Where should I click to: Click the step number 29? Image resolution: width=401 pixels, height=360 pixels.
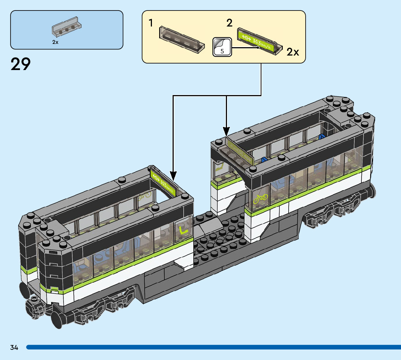[x=21, y=64]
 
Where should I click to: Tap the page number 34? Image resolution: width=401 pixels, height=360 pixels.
[x=14, y=347]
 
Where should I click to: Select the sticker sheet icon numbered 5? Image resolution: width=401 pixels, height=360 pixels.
[x=222, y=47]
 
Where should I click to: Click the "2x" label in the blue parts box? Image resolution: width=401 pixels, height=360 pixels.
[x=55, y=42]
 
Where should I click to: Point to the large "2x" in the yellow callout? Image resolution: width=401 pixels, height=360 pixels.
[x=293, y=52]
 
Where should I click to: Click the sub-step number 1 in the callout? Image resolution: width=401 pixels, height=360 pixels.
[x=150, y=23]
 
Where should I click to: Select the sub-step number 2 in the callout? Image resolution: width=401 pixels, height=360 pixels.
[x=229, y=23]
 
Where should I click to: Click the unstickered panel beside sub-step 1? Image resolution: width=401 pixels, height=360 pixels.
[x=180, y=40]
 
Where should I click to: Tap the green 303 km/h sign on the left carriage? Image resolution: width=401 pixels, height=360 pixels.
[x=163, y=181]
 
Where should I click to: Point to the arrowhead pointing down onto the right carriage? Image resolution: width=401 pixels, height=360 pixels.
[x=226, y=132]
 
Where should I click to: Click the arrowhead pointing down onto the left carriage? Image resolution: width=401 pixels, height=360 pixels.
[x=173, y=176]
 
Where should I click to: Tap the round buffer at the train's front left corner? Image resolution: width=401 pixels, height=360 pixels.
[x=34, y=300]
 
